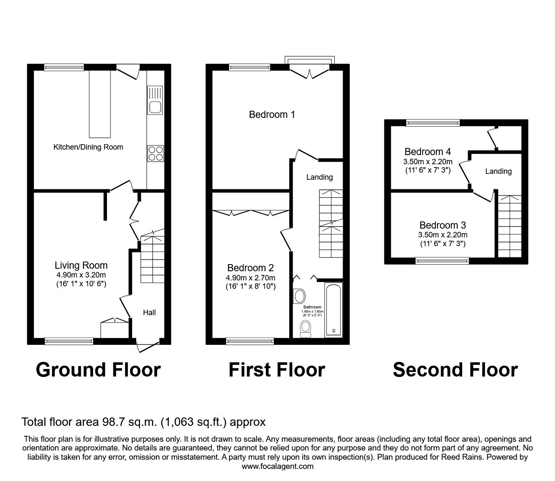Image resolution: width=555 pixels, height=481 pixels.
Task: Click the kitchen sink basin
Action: coord(155,107)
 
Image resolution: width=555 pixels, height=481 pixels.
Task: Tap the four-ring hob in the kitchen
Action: coord(155,153)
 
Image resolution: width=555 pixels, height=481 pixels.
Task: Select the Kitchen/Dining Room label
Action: coord(88,147)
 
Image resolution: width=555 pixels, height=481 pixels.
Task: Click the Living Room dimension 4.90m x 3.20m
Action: coord(81,275)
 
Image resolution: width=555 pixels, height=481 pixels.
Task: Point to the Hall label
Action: coord(149,312)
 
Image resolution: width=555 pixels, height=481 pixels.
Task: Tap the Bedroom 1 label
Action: coord(272,115)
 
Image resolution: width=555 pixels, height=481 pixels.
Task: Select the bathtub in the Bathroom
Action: coord(334,310)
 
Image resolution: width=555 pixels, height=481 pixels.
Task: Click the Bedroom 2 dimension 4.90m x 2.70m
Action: coord(250,278)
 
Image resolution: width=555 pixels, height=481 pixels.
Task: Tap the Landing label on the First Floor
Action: coord(320,177)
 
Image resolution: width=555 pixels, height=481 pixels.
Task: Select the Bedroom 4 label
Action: coord(428,152)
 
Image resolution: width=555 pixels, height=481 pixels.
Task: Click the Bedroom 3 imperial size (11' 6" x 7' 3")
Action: coord(443,244)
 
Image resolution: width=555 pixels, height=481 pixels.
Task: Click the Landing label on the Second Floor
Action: coord(498,171)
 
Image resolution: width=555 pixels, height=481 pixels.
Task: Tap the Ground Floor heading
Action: coord(98,370)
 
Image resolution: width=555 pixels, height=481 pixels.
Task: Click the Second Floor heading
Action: coord(456,370)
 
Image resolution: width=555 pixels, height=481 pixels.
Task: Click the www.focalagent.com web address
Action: coord(277,466)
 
